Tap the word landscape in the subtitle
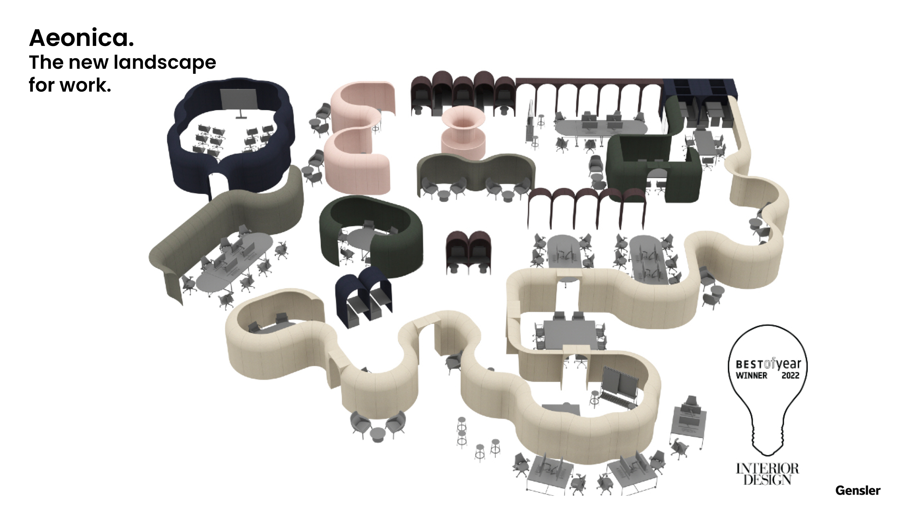coord(165,63)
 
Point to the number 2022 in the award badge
coord(790,375)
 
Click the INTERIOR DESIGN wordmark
coord(767,474)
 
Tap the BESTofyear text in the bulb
coord(768,364)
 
